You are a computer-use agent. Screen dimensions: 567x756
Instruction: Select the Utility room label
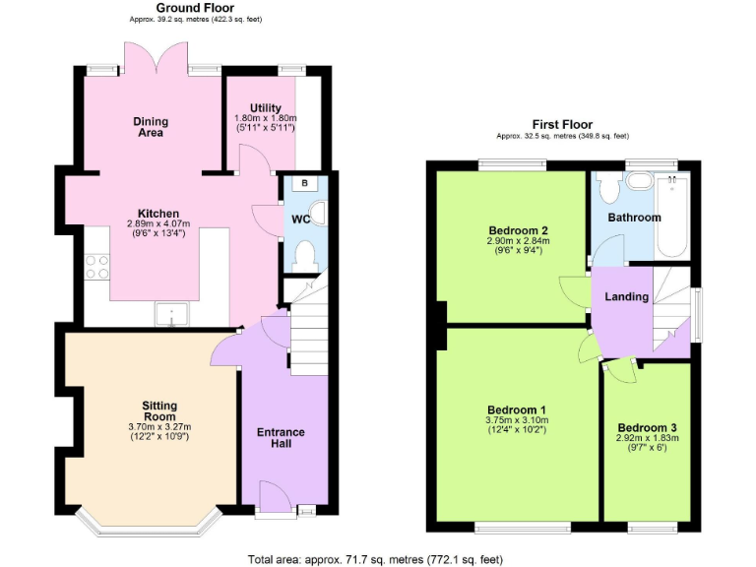click(266, 108)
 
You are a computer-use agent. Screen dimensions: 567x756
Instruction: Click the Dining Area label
click(151, 127)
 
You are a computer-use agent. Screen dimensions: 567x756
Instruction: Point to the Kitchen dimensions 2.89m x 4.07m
click(158, 224)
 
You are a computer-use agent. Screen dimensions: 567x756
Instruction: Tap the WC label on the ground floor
click(301, 219)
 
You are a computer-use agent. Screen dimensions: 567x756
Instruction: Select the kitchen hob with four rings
click(97, 267)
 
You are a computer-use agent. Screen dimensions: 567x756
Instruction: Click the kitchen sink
click(172, 316)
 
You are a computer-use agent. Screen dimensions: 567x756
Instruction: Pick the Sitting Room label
click(158, 410)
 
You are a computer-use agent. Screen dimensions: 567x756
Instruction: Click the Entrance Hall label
click(281, 438)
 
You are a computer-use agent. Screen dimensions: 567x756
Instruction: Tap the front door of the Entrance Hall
click(275, 495)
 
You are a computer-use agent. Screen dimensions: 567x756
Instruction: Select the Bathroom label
click(634, 218)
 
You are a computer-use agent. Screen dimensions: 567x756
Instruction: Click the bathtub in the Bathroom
click(672, 218)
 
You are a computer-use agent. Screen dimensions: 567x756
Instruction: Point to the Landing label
click(627, 296)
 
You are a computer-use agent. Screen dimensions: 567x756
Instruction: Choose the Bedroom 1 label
click(516, 410)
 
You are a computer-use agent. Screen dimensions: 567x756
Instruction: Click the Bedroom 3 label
click(647, 427)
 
